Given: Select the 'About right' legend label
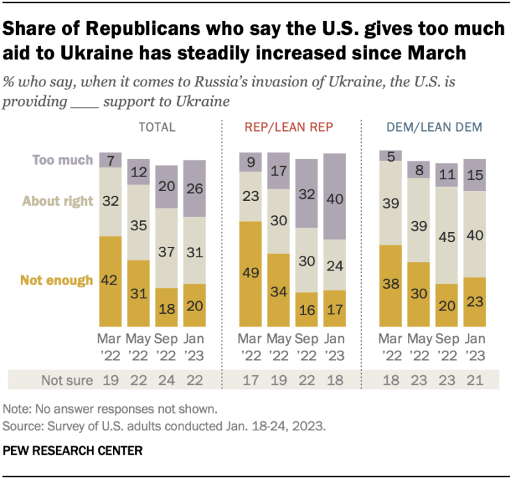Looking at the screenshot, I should (x=58, y=202).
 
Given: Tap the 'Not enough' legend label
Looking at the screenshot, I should (x=56, y=280).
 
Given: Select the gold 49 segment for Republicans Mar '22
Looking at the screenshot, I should (x=250, y=274).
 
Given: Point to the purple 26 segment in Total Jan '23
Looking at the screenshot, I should (x=195, y=188).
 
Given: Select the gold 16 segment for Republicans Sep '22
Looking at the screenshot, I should (x=306, y=310).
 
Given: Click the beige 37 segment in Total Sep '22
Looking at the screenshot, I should (x=167, y=248).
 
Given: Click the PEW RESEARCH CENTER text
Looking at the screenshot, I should (x=73, y=451).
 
